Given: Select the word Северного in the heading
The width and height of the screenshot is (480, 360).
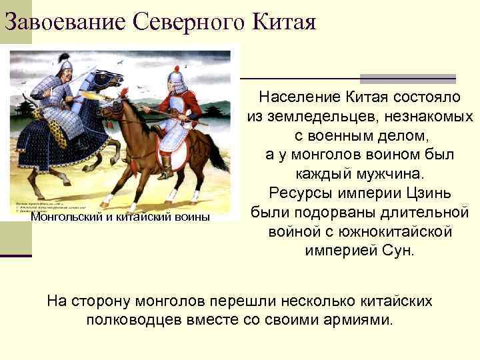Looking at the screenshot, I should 191,22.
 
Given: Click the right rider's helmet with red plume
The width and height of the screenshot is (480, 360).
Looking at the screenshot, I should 177,79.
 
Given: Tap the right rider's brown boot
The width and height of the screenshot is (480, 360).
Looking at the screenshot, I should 166,167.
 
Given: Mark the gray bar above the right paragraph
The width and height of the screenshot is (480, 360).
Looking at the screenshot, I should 408,78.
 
